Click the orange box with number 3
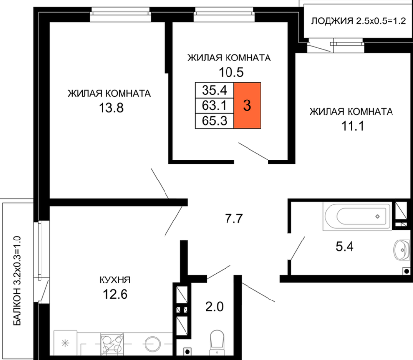click(x=247, y=105)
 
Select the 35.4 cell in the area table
click(x=214, y=90)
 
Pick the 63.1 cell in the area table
click(x=214, y=106)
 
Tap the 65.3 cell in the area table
click(x=214, y=121)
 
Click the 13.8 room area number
click(x=111, y=108)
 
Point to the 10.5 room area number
click(x=231, y=72)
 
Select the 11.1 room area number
click(x=352, y=126)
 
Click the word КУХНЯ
click(x=115, y=280)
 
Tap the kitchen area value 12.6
click(x=115, y=294)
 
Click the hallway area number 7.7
click(x=234, y=219)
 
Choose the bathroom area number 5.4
click(x=345, y=246)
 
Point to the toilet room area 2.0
click(x=214, y=307)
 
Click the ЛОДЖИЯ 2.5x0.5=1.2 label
click(x=358, y=21)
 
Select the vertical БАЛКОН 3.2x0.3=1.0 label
click(x=17, y=281)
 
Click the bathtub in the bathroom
click(x=357, y=217)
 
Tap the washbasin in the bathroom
click(x=402, y=249)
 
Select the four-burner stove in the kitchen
click(x=112, y=344)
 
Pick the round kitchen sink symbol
click(x=152, y=343)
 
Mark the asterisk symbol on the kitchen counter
click(x=65, y=343)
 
